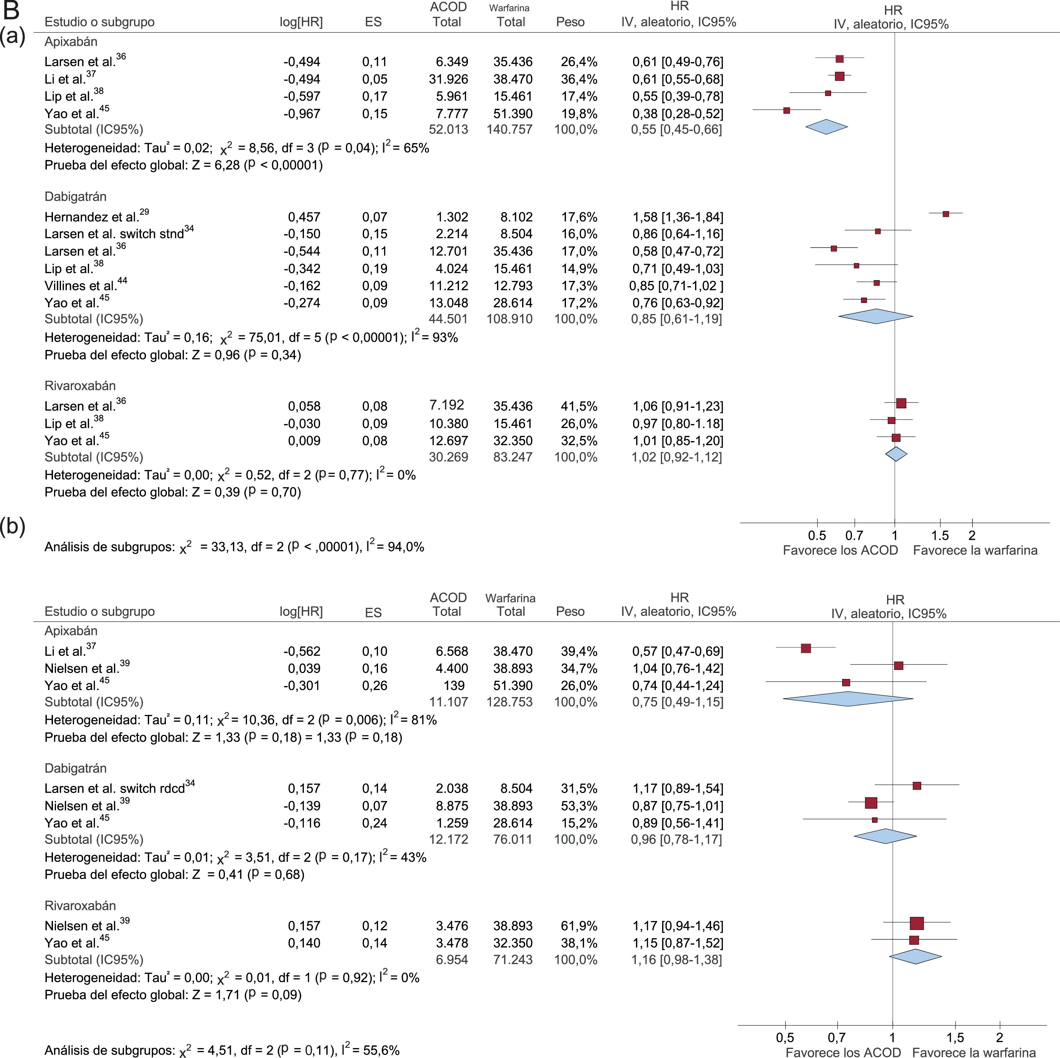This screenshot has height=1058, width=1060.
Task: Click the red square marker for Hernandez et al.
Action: point(946,214)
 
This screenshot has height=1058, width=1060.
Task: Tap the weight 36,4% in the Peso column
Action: point(579,79)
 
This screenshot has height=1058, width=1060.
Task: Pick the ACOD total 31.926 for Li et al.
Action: point(448,79)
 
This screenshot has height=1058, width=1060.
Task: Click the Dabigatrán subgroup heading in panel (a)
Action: point(75,196)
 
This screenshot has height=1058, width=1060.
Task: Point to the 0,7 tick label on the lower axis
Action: point(837,1038)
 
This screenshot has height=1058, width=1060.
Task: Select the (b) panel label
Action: point(13,527)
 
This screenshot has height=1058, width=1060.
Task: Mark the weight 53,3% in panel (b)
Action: point(579,806)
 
